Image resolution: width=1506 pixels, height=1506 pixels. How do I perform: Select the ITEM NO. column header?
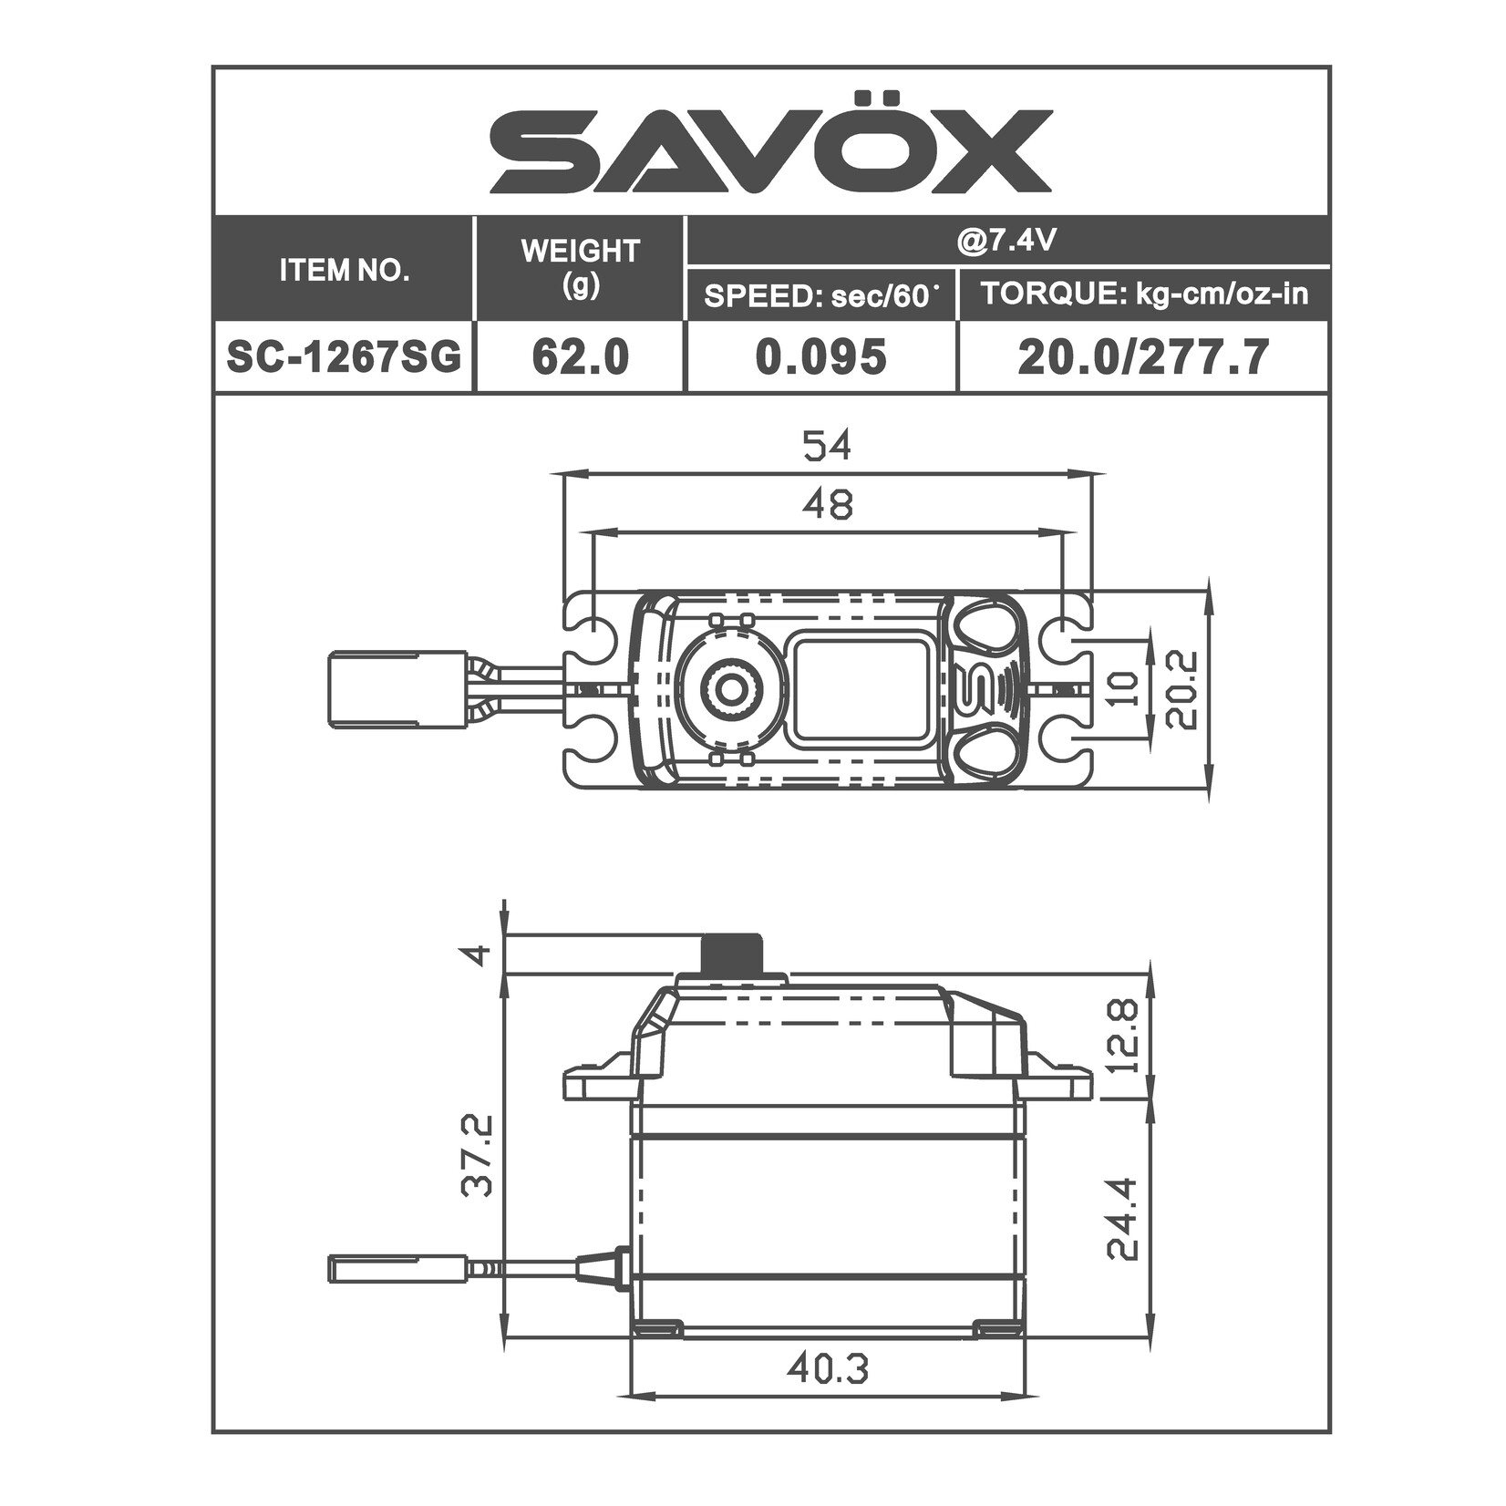point(344,270)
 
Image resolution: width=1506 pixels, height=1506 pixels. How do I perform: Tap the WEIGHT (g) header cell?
point(580,268)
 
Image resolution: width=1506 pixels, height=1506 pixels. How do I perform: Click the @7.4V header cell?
point(1006,241)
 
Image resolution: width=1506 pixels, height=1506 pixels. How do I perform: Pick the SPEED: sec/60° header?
point(821,294)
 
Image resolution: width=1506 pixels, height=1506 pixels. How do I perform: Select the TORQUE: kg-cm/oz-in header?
point(1143,294)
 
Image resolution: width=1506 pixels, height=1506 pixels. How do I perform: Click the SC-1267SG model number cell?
point(344,356)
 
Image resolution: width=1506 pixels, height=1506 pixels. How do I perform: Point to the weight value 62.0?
point(580,356)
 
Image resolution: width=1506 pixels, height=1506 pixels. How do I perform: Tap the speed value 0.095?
point(820,356)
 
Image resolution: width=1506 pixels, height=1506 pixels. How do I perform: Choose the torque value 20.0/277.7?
point(1143,356)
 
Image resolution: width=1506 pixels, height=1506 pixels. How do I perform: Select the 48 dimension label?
point(827,503)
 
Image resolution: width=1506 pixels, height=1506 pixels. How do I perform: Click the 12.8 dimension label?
point(1125,1035)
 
